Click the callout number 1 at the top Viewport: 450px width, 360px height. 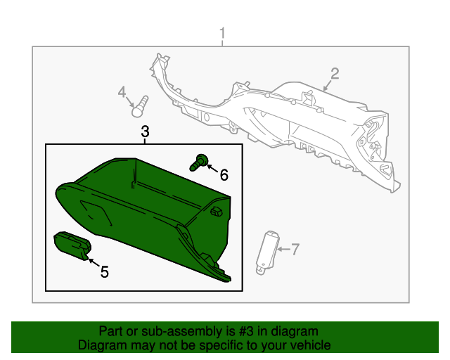click(x=223, y=33)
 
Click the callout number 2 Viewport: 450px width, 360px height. click(x=335, y=74)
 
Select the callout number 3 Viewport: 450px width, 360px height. click(x=145, y=131)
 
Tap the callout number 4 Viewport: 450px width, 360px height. click(x=122, y=93)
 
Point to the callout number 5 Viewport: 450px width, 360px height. click(x=104, y=272)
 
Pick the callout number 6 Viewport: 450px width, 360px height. click(x=224, y=174)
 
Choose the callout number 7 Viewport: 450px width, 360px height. click(x=295, y=248)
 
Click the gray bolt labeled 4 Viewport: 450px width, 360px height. click(x=139, y=106)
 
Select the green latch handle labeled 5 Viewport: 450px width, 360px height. click(x=72, y=245)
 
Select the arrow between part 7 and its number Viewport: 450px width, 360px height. click(x=283, y=248)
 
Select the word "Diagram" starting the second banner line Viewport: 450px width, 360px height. click(x=101, y=345)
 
